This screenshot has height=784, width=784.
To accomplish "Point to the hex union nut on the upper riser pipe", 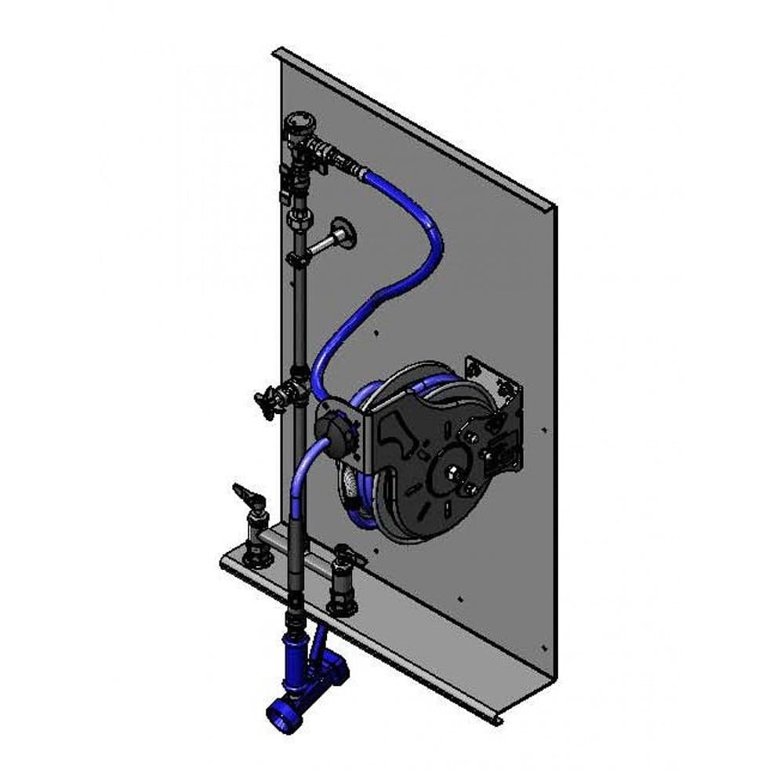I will pyautogui.click(x=298, y=220).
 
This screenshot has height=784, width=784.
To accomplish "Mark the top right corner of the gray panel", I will pyautogui.click(x=555, y=207).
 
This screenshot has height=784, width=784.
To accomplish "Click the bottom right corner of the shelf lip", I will pyautogui.click(x=502, y=720).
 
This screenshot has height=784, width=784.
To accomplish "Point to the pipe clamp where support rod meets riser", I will pyautogui.click(x=296, y=260).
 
